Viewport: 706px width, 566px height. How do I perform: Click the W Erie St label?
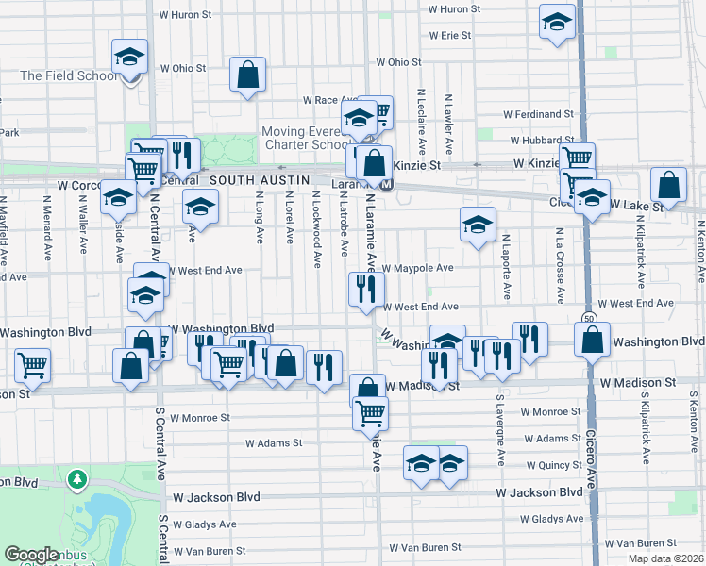click(449, 35)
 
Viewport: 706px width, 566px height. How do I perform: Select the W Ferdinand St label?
click(538, 114)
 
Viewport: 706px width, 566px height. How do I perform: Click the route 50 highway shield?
click(588, 318)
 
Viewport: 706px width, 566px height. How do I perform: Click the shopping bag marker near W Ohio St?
click(247, 75)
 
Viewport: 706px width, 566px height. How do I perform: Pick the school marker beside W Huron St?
click(558, 22)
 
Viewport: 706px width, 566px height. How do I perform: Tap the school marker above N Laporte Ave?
click(479, 225)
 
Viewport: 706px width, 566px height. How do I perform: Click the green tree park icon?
click(77, 480)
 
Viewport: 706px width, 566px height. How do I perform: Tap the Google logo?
click(31, 555)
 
